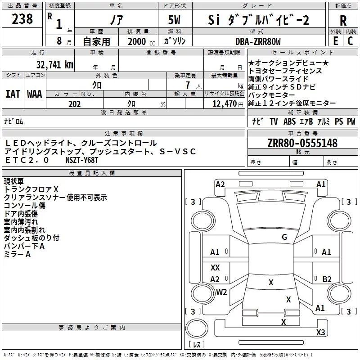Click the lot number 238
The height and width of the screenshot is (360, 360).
click(22, 19)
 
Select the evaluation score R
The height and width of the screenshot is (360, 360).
click(343, 21)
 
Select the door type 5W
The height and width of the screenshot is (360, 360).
click(175, 20)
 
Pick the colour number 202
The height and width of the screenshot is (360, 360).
click(74, 104)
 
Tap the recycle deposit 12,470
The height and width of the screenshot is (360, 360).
click(224, 104)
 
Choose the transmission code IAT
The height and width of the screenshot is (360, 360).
click(13, 94)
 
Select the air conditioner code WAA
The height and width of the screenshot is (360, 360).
click(35, 94)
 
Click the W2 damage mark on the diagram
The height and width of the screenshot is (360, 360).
click(221, 292)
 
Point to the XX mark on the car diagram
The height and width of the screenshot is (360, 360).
click(215, 268)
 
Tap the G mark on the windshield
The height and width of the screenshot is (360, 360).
click(284, 237)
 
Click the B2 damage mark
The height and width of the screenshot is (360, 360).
click(327, 279)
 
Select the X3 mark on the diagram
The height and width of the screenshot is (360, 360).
click(320, 333)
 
